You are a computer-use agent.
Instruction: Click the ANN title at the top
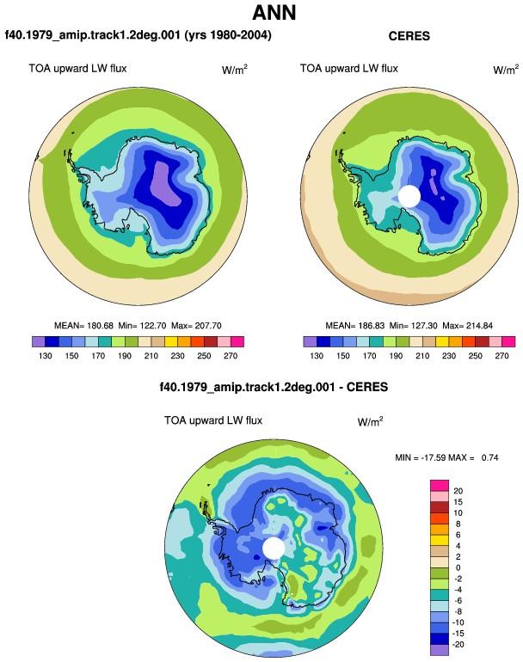(x=274, y=13)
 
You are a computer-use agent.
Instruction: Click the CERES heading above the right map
(x=409, y=36)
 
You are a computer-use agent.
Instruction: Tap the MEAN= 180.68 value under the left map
(x=83, y=326)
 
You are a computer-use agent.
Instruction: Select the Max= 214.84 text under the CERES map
(x=467, y=326)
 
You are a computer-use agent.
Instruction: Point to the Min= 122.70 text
(x=142, y=326)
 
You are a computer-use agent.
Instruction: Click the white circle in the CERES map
(x=409, y=196)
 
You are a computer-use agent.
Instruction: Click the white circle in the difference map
(x=274, y=548)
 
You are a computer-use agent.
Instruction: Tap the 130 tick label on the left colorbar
(x=46, y=356)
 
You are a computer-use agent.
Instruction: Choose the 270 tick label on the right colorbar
(x=501, y=356)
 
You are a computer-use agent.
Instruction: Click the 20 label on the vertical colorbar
(x=458, y=491)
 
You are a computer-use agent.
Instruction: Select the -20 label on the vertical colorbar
(x=458, y=645)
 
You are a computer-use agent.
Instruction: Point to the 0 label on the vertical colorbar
(x=458, y=567)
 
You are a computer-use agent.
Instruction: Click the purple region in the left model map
(x=167, y=184)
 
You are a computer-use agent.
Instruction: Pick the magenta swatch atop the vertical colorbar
(x=440, y=486)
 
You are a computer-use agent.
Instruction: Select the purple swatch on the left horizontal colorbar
(x=39, y=341)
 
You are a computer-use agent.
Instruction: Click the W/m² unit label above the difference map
(x=370, y=421)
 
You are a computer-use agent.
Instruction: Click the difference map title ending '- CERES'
(x=274, y=387)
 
